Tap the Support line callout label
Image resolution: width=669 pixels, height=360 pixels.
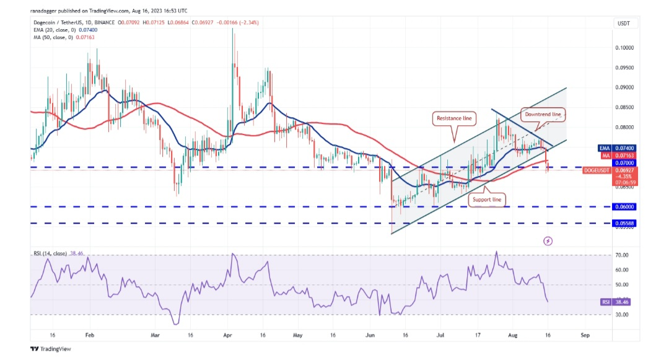pyautogui.click(x=487, y=200)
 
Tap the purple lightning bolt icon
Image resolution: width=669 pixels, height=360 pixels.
pyautogui.click(x=548, y=240)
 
